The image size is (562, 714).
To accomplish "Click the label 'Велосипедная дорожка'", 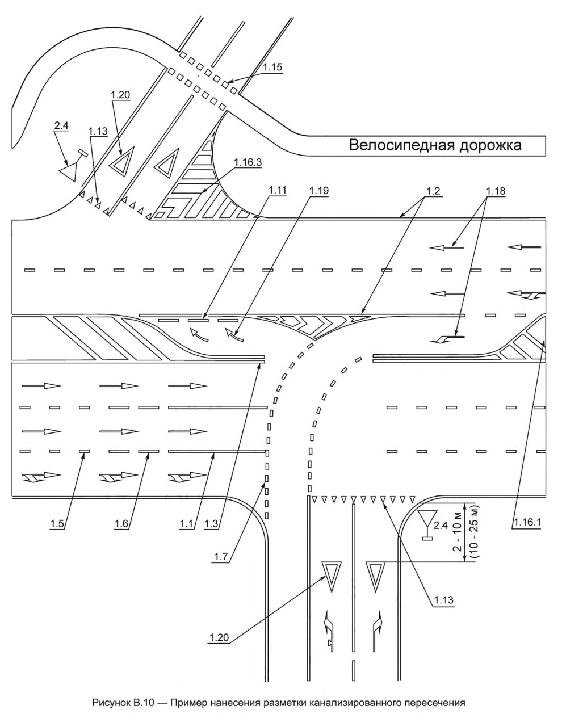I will pyautogui.click(x=435, y=145).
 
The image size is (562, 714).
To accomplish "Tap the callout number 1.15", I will pyautogui.click(x=272, y=66).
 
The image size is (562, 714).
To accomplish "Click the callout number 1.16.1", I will pyautogui.click(x=525, y=523).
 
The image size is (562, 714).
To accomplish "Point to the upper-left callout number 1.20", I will pyautogui.click(x=120, y=95).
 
